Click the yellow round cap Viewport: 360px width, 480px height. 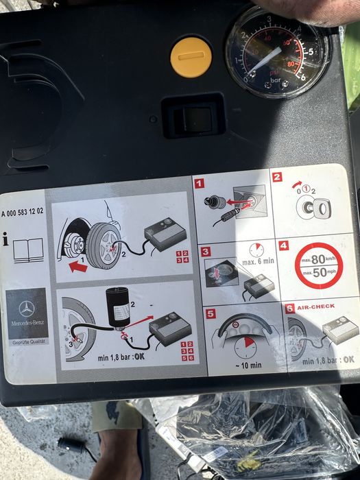click(191, 56)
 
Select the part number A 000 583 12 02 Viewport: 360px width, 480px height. click(23, 211)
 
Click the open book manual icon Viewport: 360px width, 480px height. click(28, 248)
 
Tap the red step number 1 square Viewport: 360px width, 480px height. click(200, 183)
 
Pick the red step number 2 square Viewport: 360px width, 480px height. click(277, 177)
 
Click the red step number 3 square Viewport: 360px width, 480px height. click(206, 252)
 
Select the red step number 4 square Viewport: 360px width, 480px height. click(283, 245)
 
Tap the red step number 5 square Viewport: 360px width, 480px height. click(211, 313)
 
